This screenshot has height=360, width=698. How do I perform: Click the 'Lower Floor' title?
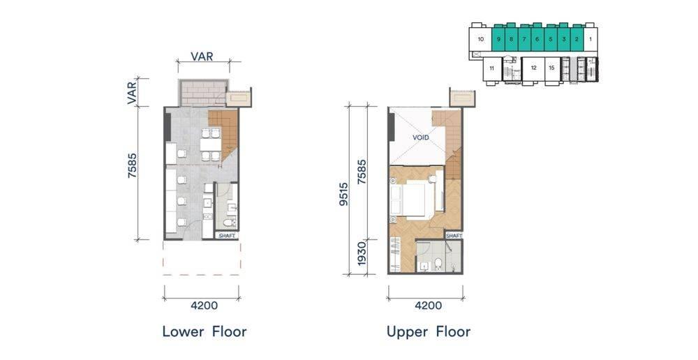click(x=204, y=331)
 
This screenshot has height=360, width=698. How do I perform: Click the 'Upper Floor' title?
click(x=429, y=331)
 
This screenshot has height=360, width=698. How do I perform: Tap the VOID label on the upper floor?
click(x=421, y=137)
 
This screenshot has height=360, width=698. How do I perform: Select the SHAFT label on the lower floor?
click(x=227, y=235)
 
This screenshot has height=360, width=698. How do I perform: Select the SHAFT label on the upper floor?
click(x=454, y=235)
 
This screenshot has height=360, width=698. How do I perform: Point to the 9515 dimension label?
click(x=343, y=194)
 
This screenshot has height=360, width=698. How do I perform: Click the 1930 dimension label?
click(x=362, y=254)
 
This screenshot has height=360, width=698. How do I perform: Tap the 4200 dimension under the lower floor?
click(x=205, y=306)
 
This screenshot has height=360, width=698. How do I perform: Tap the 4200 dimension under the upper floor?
click(x=429, y=306)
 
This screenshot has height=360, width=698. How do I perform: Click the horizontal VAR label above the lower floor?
click(x=202, y=57)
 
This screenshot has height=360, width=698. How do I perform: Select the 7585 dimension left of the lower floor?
click(x=132, y=166)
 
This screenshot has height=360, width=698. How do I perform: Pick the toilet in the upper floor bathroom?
click(x=438, y=264)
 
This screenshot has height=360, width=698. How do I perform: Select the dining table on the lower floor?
click(x=211, y=144)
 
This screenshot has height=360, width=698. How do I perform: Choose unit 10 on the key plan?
click(x=481, y=39)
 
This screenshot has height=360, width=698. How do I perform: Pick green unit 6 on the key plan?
click(x=537, y=39)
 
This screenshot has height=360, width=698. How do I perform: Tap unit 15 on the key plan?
click(x=551, y=68)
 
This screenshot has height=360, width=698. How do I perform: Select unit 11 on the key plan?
click(x=492, y=68)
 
